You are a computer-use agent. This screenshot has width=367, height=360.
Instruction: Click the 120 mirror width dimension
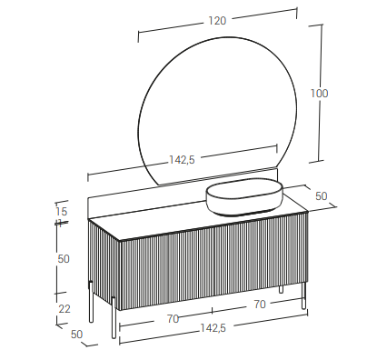click(217, 21)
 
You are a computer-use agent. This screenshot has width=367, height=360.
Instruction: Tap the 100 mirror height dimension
click(319, 93)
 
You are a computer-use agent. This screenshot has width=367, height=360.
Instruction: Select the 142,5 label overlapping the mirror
click(182, 160)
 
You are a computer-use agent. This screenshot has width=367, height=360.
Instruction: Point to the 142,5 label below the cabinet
click(213, 327)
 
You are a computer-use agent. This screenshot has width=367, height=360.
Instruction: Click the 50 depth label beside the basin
click(322, 196)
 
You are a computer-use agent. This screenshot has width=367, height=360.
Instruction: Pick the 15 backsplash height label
click(62, 211)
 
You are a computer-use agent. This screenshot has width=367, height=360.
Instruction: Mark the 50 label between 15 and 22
click(64, 259)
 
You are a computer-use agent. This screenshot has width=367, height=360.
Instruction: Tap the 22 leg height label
click(64, 309)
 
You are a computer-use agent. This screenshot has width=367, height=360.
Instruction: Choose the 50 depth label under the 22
click(76, 334)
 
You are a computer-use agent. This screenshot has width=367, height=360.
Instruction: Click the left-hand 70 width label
click(173, 319)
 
